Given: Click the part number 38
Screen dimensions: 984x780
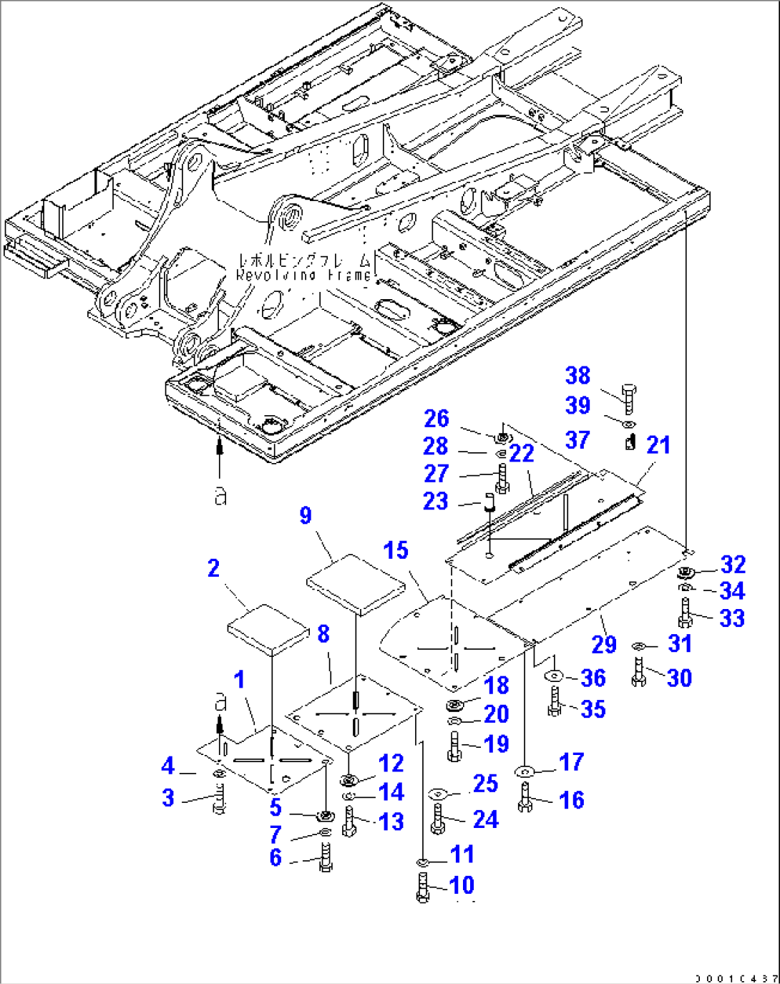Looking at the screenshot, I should pyautogui.click(x=577, y=376).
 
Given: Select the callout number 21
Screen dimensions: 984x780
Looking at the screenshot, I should pyautogui.click(x=658, y=445).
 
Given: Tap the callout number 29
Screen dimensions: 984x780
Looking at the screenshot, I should pyautogui.click(x=604, y=644).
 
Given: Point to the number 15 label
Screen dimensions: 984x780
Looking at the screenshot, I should pyautogui.click(x=396, y=550).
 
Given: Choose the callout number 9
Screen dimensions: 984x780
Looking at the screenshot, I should pyautogui.click(x=306, y=515).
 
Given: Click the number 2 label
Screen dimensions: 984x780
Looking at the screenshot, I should pyautogui.click(x=213, y=568).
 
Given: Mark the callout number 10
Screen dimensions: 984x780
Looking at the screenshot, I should pyautogui.click(x=462, y=885).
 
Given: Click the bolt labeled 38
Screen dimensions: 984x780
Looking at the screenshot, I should pyautogui.click(x=628, y=397).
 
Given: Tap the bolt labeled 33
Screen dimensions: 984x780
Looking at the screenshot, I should pyautogui.click(x=685, y=614).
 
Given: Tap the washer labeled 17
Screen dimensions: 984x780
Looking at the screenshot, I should pyautogui.click(x=525, y=771).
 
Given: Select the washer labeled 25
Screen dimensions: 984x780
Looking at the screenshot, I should pyautogui.click(x=438, y=794).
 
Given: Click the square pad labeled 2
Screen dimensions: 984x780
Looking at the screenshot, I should pyautogui.click(x=267, y=630).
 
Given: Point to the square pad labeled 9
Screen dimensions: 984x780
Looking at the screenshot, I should pyautogui.click(x=356, y=584).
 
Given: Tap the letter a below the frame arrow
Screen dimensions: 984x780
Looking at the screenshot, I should pyautogui.click(x=220, y=496).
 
